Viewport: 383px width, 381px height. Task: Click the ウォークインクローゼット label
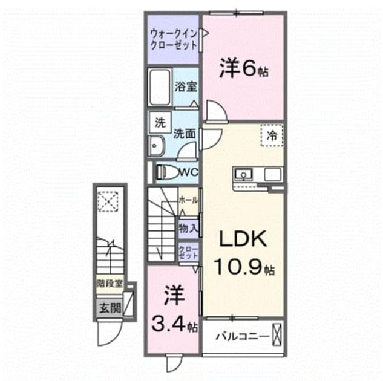coord(174,39)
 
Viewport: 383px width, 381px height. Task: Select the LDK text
coord(243,239)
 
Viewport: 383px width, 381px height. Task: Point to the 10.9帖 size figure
coord(244,267)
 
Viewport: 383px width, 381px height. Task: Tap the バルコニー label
coord(242,337)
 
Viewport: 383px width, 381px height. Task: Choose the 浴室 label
coord(186,86)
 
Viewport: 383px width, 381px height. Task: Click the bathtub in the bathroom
coord(160,87)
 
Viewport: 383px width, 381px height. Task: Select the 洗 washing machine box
coord(160,123)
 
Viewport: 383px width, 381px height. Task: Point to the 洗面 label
coord(185,134)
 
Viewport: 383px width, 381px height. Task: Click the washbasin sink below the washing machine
coord(156,146)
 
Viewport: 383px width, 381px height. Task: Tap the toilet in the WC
coord(168,172)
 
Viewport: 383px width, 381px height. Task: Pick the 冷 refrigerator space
coord(272,135)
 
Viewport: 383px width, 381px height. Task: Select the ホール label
coord(188,200)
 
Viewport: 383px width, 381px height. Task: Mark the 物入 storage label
coord(188,229)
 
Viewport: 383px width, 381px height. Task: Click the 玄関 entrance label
coord(110,308)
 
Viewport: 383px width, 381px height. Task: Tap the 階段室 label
coord(110,284)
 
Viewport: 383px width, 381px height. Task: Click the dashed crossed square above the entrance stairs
coord(108,201)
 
